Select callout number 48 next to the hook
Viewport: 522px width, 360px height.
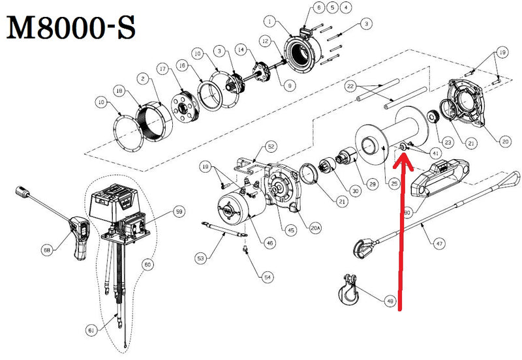[x=390, y=301]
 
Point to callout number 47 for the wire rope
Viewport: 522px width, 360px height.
[x=438, y=243]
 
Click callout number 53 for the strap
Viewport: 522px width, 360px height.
[x=200, y=259]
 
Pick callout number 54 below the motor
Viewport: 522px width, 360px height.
[x=268, y=277]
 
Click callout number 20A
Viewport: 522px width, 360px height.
[x=316, y=229]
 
